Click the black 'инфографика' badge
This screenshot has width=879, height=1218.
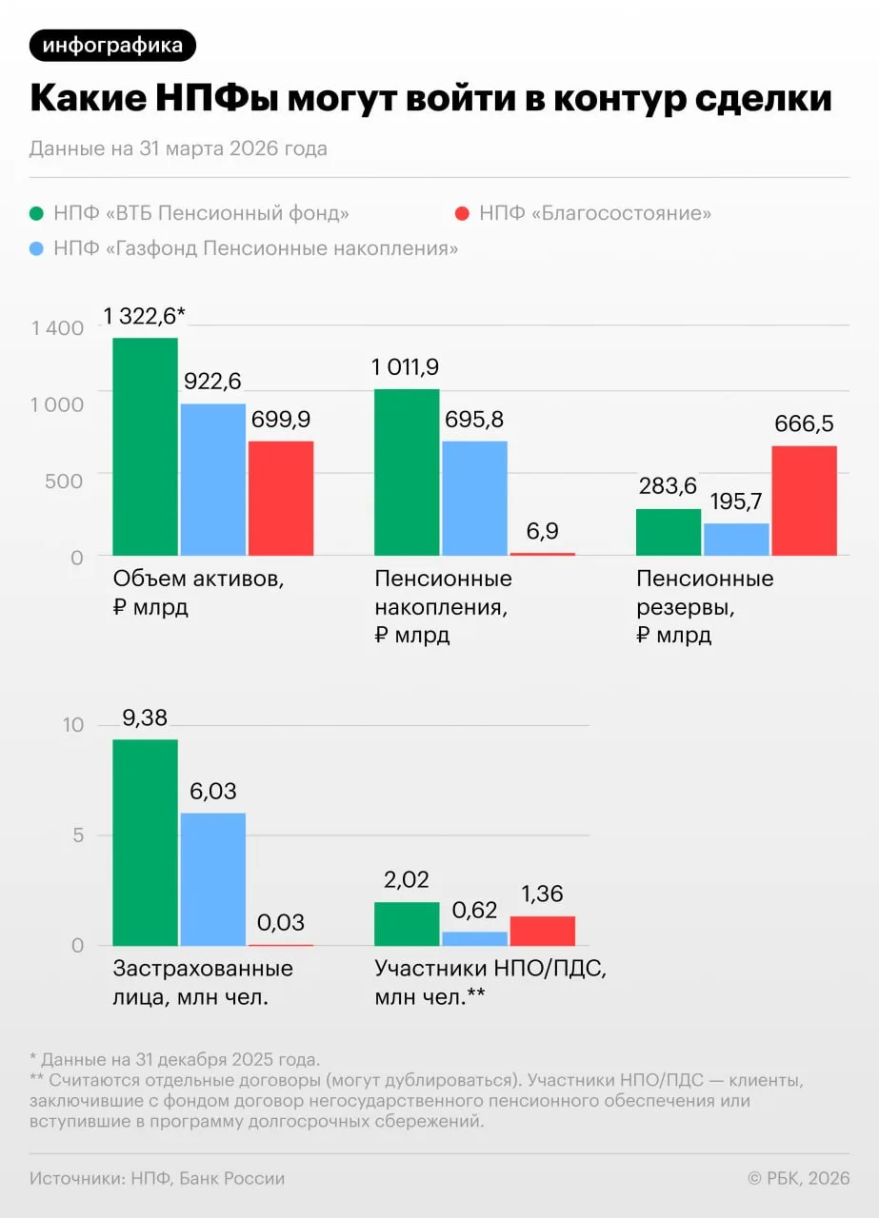point(112,45)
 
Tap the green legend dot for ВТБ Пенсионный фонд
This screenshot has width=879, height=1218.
point(36,214)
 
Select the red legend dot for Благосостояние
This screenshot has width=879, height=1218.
point(462,214)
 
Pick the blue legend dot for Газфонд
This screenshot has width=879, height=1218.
point(36,249)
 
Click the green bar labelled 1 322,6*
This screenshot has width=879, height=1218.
point(146,446)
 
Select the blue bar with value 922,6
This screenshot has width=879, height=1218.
point(213,480)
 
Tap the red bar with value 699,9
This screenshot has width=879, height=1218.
point(281,498)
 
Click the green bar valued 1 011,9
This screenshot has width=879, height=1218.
point(407,472)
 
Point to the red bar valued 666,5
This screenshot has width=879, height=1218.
point(805,501)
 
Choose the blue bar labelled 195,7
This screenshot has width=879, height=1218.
point(736,540)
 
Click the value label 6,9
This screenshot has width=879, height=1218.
point(542,531)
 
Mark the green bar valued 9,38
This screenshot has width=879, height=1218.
point(146,842)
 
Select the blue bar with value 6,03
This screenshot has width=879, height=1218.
point(213,879)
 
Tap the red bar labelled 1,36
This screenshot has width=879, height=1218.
point(543,931)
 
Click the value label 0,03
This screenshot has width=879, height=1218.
point(280,922)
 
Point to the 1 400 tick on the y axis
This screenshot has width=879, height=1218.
point(57,328)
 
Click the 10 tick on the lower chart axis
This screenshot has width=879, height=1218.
point(73,725)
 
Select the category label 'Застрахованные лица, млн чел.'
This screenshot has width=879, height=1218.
point(203,983)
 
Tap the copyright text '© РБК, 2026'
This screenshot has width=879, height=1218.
point(798,1178)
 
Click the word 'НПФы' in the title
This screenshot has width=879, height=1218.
point(216,98)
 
